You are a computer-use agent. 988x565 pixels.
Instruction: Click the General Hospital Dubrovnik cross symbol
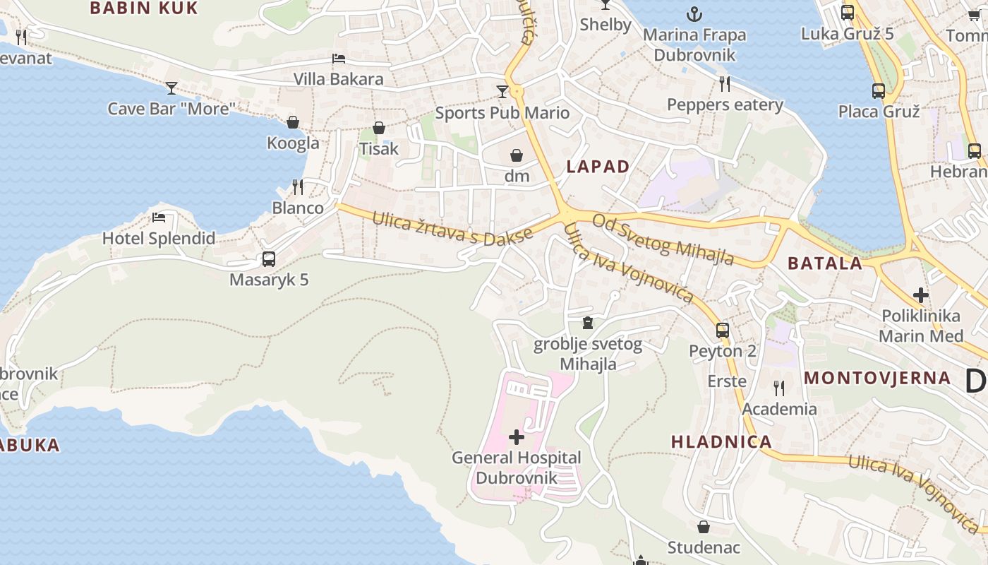point(517,437)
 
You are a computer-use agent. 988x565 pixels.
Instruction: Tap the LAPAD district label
point(598,167)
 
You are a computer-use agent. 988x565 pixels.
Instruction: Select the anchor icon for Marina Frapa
point(694,13)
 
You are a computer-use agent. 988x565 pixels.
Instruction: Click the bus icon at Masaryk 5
point(269,259)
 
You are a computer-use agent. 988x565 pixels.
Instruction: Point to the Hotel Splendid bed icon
point(159,218)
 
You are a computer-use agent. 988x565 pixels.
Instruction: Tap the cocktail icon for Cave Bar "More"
point(171,88)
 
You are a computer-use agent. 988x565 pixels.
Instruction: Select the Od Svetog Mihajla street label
point(663,239)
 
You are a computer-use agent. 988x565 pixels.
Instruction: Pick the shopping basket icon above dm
point(517,155)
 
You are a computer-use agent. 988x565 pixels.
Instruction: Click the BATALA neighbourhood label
point(825,264)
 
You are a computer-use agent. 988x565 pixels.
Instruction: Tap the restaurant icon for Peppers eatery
point(725,84)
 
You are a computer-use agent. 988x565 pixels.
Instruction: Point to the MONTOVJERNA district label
point(877,378)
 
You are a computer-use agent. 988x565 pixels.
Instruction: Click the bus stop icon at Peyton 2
point(722,330)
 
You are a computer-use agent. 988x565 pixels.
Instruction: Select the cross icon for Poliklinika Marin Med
point(920,295)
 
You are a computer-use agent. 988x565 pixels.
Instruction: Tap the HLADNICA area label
point(721,442)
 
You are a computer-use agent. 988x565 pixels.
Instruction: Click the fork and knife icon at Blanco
point(298,187)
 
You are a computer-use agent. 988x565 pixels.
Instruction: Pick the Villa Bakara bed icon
point(339,59)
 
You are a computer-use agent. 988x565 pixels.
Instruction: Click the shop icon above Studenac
point(704,527)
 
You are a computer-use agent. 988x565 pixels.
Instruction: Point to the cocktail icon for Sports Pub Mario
point(502,92)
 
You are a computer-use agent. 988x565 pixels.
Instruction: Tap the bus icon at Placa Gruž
point(879,91)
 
